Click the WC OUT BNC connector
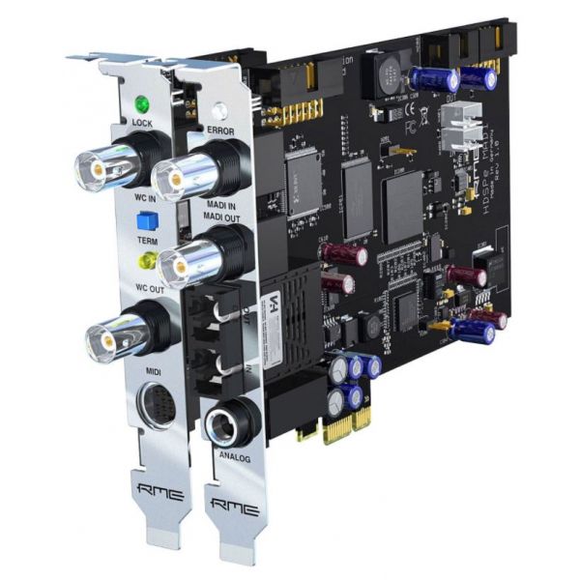coord(109,338)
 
